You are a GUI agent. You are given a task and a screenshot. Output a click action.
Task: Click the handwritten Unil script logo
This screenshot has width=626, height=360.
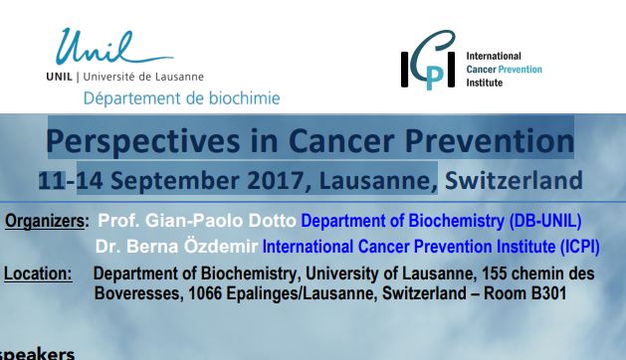point(113,46)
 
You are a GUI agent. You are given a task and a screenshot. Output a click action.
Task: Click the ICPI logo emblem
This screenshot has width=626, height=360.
point(428,60)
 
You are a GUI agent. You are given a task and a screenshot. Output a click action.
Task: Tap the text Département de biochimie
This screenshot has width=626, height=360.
point(182,98)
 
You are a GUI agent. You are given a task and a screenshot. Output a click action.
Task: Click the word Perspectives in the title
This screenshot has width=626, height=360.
point(143,141)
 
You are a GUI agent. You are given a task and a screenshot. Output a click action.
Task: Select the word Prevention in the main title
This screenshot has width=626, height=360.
point(489,140)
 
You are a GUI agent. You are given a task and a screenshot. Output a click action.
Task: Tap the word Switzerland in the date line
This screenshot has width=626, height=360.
point(514,180)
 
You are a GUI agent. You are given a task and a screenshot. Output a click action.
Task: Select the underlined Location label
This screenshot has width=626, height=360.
point(38,274)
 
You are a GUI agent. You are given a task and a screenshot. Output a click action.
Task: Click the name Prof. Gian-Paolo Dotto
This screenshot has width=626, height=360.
point(197,221)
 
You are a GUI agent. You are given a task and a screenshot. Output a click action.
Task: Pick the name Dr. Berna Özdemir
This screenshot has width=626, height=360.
point(176,247)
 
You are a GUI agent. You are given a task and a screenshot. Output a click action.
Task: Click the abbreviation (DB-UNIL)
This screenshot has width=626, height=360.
point(545,221)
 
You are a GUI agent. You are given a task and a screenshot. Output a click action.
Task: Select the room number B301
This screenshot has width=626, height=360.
point(548,293)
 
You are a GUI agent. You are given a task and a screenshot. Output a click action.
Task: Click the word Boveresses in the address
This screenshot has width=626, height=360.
point(138,293)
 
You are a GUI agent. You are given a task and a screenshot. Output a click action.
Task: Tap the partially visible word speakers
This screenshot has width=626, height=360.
point(37,354)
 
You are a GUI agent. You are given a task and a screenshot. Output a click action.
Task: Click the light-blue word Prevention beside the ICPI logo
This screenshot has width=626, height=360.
point(521,70)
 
